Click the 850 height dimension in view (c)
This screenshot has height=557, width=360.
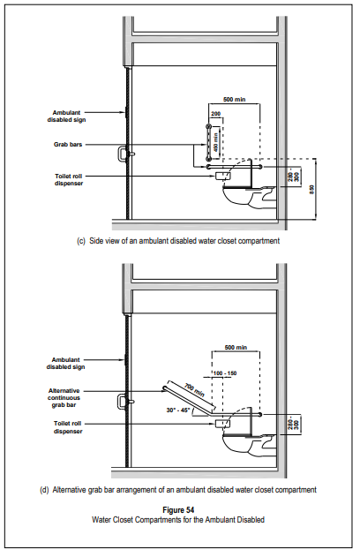[x=312, y=189]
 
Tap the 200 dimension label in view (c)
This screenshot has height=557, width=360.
[x=216, y=114]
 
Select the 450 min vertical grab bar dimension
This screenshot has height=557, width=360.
[x=215, y=141]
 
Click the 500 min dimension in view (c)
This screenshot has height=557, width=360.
[x=235, y=100]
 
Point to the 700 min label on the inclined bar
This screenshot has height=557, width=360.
[x=194, y=390]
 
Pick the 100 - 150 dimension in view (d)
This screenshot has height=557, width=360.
[x=225, y=373]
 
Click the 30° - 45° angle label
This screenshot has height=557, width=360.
[x=178, y=410]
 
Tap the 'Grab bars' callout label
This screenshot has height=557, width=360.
[x=68, y=145]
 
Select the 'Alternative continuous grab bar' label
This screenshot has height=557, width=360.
[x=64, y=398]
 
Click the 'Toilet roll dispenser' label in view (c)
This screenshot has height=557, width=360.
[x=69, y=180]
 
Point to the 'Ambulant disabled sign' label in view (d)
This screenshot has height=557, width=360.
[x=65, y=364]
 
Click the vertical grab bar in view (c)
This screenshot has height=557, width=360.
[x=208, y=143]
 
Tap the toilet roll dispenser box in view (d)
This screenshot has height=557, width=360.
[x=223, y=424]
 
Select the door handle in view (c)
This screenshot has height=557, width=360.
[x=121, y=154]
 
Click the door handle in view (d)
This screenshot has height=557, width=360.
[x=121, y=402]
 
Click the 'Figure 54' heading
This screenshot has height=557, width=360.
[x=178, y=510]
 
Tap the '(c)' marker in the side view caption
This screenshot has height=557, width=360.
[x=81, y=241]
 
